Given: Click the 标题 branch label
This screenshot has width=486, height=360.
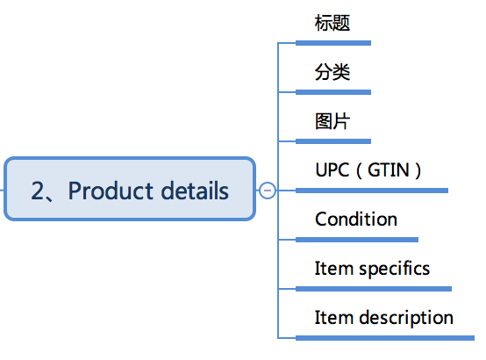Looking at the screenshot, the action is coord(332,23).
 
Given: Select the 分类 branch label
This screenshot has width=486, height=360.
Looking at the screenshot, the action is coord(332,72).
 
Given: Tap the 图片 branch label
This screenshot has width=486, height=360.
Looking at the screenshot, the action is coord(332,121).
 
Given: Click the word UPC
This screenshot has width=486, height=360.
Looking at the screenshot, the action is coord(332,170).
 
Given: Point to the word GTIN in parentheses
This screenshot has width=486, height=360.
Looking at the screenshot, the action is coord(389,170).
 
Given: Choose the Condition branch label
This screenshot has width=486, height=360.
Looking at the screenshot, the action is coord(356,220).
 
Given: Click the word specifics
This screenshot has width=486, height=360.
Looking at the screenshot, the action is coord(394,269).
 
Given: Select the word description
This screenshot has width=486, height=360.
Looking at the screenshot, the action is coord(406,318).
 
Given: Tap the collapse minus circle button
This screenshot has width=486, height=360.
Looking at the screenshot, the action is coord(268,191).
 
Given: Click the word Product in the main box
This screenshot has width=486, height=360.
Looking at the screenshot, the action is coord(111,191).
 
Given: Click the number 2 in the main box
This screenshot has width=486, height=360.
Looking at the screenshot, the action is coord(38,191).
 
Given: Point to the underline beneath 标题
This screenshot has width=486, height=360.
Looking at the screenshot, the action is coord(333,43).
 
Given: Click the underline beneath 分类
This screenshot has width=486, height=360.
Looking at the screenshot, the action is coord(333,92).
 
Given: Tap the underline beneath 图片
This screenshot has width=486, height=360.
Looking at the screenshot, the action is coord(333,141).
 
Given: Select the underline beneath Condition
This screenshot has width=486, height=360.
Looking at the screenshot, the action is coord(357,240).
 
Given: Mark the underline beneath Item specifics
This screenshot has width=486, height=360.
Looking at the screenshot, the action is coord(374,289).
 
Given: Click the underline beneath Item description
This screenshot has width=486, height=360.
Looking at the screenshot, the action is coord(385,338).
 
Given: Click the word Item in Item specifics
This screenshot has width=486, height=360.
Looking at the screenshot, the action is coord(334,268).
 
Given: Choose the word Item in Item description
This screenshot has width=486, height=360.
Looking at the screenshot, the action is coord(334,317).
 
